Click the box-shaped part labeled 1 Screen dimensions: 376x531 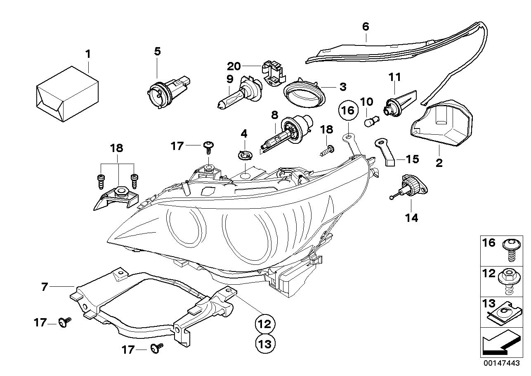(67, 94)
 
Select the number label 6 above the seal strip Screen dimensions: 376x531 (366, 27)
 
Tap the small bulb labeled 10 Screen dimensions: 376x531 (370, 122)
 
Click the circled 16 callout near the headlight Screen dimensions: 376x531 (347, 110)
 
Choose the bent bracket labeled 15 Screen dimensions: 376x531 (386, 151)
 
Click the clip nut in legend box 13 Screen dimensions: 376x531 (511, 317)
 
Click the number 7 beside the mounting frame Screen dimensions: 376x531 (45, 286)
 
